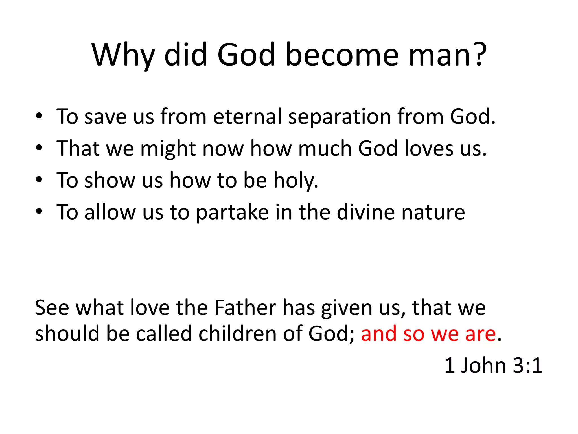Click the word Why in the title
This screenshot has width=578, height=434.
click(x=123, y=55)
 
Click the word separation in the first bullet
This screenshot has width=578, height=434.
click(x=339, y=117)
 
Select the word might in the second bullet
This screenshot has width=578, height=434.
click(x=168, y=149)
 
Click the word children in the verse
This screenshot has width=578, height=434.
click(x=237, y=334)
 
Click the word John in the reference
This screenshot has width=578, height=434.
click(x=483, y=366)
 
